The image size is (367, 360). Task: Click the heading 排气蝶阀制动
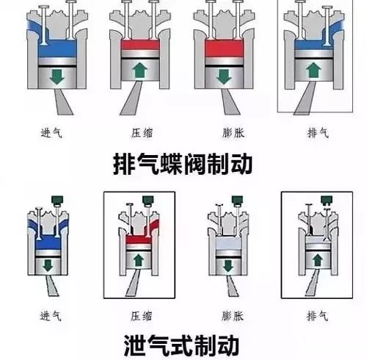[x=183, y=164]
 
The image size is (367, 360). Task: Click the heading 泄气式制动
[x=181, y=345]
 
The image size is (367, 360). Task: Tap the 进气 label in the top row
[x=51, y=133]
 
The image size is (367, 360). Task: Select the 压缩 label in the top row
[x=142, y=133]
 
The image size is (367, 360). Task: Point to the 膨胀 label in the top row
[x=233, y=133]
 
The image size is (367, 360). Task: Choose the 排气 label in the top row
[x=318, y=133]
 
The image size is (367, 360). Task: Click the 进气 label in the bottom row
[x=51, y=316]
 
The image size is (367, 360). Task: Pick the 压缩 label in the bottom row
[x=141, y=316]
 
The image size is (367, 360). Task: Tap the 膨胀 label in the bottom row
[x=233, y=316]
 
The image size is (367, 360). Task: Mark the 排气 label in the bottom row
[x=317, y=316]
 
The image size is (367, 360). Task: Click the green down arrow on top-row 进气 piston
[x=57, y=77]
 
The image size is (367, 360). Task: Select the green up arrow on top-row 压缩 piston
[x=140, y=71]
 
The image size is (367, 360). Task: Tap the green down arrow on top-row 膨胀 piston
[x=224, y=77]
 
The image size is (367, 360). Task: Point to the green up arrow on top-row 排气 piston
[x=314, y=70]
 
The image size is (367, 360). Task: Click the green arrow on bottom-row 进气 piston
[x=48, y=265]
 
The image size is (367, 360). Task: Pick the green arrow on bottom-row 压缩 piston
[x=139, y=261]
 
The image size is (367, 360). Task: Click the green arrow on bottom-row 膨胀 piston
[x=228, y=266]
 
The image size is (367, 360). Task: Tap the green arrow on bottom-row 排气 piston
[x=318, y=260]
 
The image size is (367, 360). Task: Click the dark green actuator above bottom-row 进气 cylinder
[x=57, y=200]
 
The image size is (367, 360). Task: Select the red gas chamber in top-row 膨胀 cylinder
[x=224, y=48]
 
